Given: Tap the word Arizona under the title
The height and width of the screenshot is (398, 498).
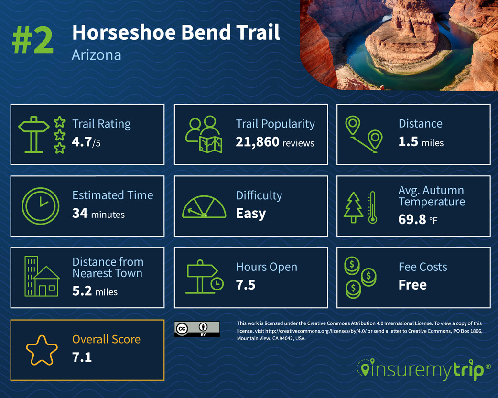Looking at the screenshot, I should (96, 55).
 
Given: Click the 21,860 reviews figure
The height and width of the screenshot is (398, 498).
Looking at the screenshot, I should (275, 142).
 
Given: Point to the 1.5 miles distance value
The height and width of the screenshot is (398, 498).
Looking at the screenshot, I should (421, 142).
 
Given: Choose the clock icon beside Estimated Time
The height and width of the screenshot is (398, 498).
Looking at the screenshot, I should (41, 205).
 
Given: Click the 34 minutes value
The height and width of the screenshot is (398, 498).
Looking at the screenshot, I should (98, 214).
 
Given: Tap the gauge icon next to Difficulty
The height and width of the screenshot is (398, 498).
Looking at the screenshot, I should (204, 207).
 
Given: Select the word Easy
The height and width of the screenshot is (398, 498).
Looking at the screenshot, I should (251, 214).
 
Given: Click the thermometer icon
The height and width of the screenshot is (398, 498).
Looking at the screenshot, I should (372, 207).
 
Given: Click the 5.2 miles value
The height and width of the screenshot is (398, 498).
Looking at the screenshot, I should (95, 290).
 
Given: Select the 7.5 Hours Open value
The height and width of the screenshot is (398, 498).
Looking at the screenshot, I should (246, 285).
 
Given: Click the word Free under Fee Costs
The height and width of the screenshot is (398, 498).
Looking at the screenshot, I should (412, 285).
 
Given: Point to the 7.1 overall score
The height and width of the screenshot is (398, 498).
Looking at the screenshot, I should (82, 357).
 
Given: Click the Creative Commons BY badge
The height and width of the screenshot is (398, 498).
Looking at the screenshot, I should (197, 329).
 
